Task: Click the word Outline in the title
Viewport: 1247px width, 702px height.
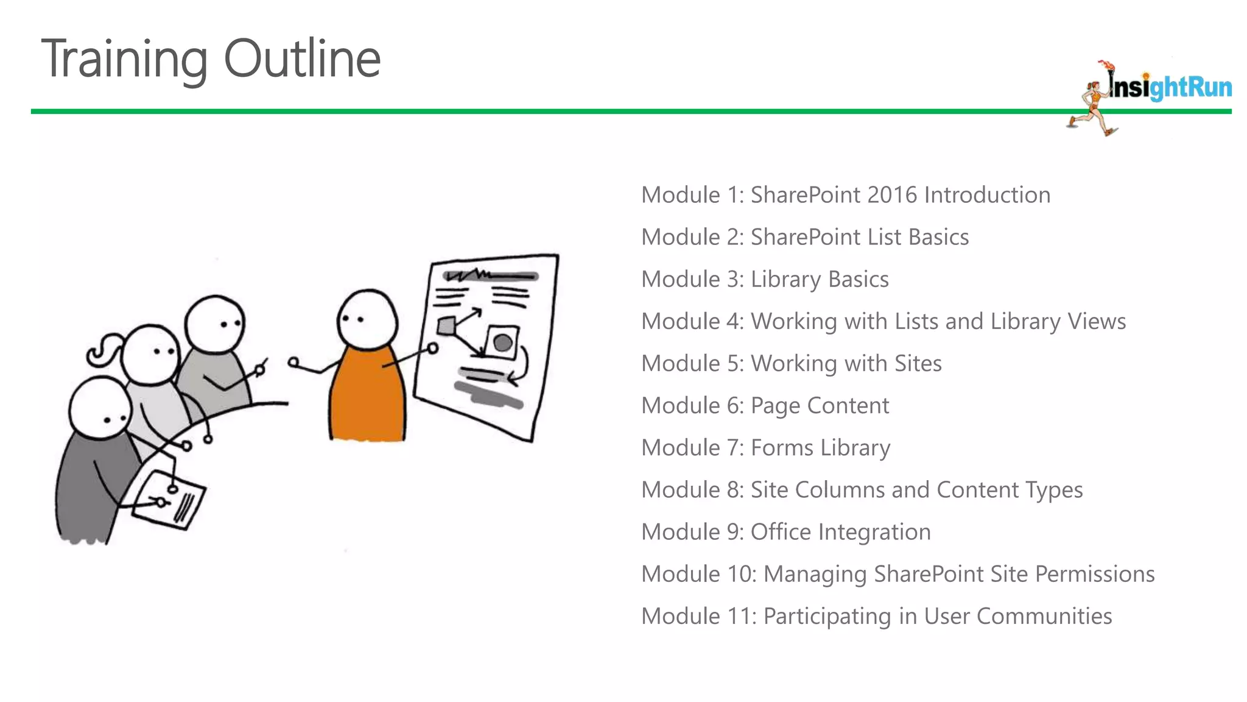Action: coord(302,58)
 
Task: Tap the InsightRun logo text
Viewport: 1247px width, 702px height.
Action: coord(1169,87)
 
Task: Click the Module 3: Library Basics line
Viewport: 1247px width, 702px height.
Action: coord(765,279)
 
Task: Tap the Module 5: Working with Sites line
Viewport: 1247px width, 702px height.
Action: coord(791,363)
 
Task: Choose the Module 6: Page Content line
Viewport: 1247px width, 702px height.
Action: coord(765,405)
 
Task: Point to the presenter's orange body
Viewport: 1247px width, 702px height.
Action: coord(367,396)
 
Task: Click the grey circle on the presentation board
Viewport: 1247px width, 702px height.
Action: coord(502,342)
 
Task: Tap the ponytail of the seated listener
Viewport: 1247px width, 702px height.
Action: coord(104,350)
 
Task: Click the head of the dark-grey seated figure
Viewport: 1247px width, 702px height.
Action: coord(99,407)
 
